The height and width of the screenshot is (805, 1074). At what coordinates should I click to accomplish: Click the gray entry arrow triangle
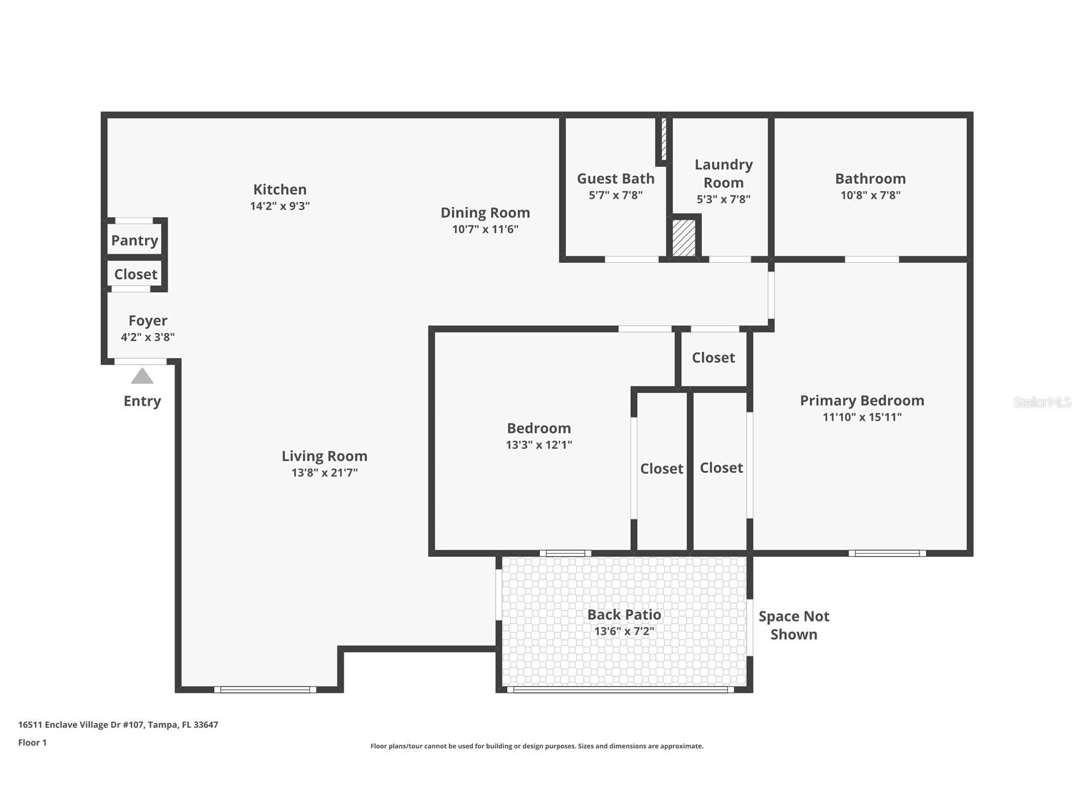(142, 377)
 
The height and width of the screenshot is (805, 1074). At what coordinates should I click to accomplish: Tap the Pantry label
(134, 240)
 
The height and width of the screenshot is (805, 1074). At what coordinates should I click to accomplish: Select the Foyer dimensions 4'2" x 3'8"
(147, 337)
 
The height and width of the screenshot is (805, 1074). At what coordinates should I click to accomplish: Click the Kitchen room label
(280, 189)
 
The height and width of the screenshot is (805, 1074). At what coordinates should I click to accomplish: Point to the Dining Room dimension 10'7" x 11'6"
(485, 229)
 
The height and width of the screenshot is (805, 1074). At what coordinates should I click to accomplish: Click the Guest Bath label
(615, 178)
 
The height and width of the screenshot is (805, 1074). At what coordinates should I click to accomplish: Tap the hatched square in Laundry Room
(684, 237)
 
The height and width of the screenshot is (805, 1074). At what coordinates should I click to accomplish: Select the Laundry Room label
(723, 173)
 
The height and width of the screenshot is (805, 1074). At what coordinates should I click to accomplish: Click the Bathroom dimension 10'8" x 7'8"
(870, 196)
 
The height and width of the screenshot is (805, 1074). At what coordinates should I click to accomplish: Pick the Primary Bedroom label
(861, 401)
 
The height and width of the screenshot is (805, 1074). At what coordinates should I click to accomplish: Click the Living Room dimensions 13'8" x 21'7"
(324, 473)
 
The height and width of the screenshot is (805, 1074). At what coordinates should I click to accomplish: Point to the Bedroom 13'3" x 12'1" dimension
(539, 445)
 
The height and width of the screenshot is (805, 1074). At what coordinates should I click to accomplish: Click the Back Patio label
(624, 615)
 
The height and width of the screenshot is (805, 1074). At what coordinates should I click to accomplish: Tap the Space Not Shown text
(794, 625)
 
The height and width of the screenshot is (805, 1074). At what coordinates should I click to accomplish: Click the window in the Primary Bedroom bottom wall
(887, 553)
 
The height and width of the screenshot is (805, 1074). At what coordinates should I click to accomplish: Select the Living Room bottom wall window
(265, 689)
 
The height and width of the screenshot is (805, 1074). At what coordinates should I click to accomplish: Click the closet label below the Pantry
(135, 275)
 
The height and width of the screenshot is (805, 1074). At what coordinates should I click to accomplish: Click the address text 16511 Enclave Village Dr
(118, 725)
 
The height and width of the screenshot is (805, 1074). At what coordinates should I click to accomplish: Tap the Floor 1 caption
(32, 742)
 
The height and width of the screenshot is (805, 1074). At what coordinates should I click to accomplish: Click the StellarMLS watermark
(1042, 403)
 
